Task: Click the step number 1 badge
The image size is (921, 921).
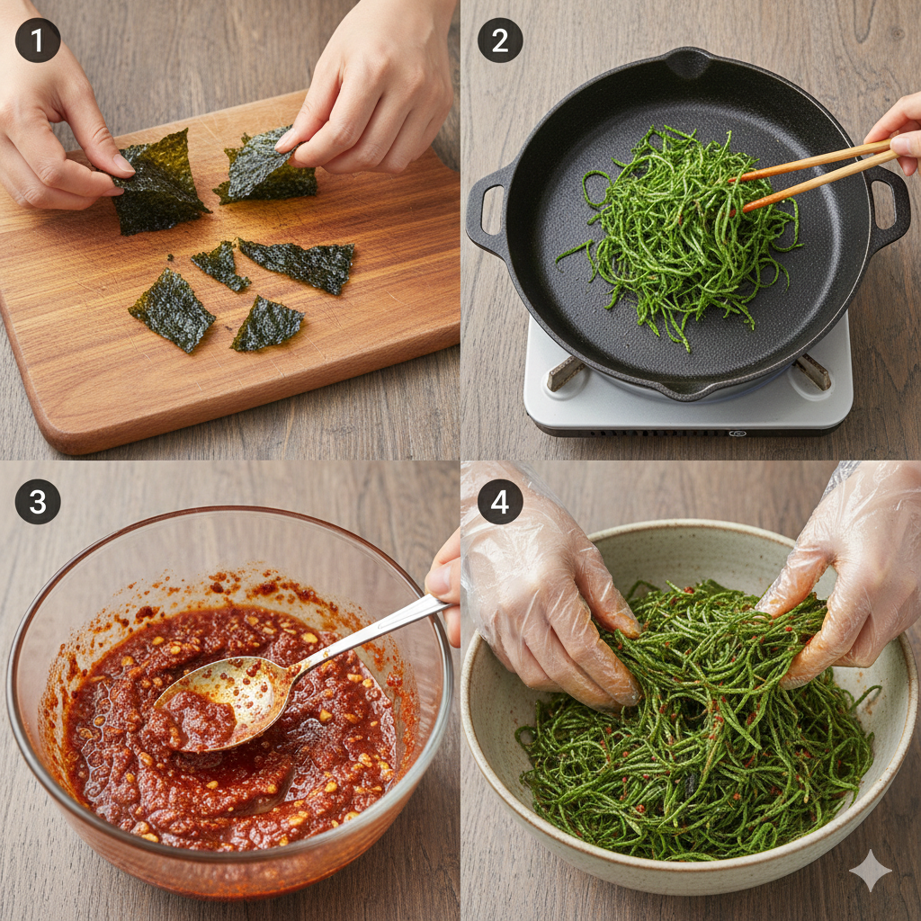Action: [x=38, y=40]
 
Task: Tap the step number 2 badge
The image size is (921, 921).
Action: [x=500, y=40]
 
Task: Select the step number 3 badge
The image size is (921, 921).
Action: [x=38, y=502]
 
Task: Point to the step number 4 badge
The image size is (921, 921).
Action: [x=500, y=502]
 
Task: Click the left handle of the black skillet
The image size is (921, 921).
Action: [x=487, y=209]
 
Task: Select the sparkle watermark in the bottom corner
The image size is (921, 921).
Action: [x=871, y=871]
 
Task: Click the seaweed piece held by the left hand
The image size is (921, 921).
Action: [x=158, y=182]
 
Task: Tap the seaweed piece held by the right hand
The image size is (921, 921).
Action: [x=267, y=167]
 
